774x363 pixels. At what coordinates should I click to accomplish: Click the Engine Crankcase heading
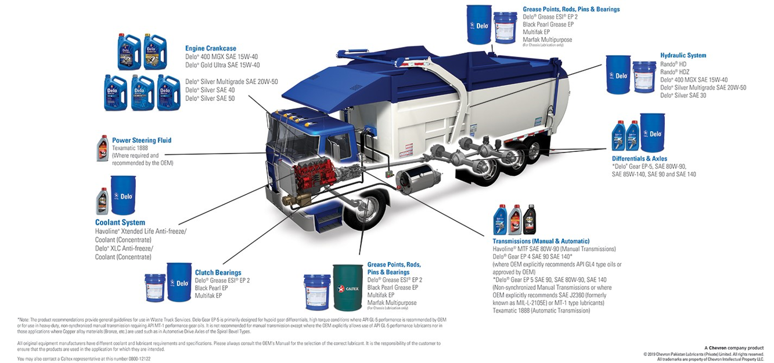(210, 48)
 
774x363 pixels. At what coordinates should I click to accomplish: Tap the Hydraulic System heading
(683, 56)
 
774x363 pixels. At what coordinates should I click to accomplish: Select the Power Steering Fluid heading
(141, 140)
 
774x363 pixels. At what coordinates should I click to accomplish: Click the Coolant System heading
(120, 223)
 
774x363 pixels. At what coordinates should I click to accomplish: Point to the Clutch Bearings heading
(218, 273)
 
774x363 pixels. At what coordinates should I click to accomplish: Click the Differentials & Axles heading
(639, 158)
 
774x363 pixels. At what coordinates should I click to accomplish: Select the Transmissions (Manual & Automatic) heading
(541, 241)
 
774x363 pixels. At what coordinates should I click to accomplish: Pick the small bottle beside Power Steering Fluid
(103, 148)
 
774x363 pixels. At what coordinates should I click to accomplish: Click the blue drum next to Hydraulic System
(617, 75)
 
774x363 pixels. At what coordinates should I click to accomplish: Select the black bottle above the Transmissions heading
(529, 220)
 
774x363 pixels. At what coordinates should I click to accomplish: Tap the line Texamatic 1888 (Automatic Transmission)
(541, 311)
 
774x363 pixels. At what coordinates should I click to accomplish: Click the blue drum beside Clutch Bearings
(179, 282)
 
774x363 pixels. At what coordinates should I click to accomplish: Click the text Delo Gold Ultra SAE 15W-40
(222, 65)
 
